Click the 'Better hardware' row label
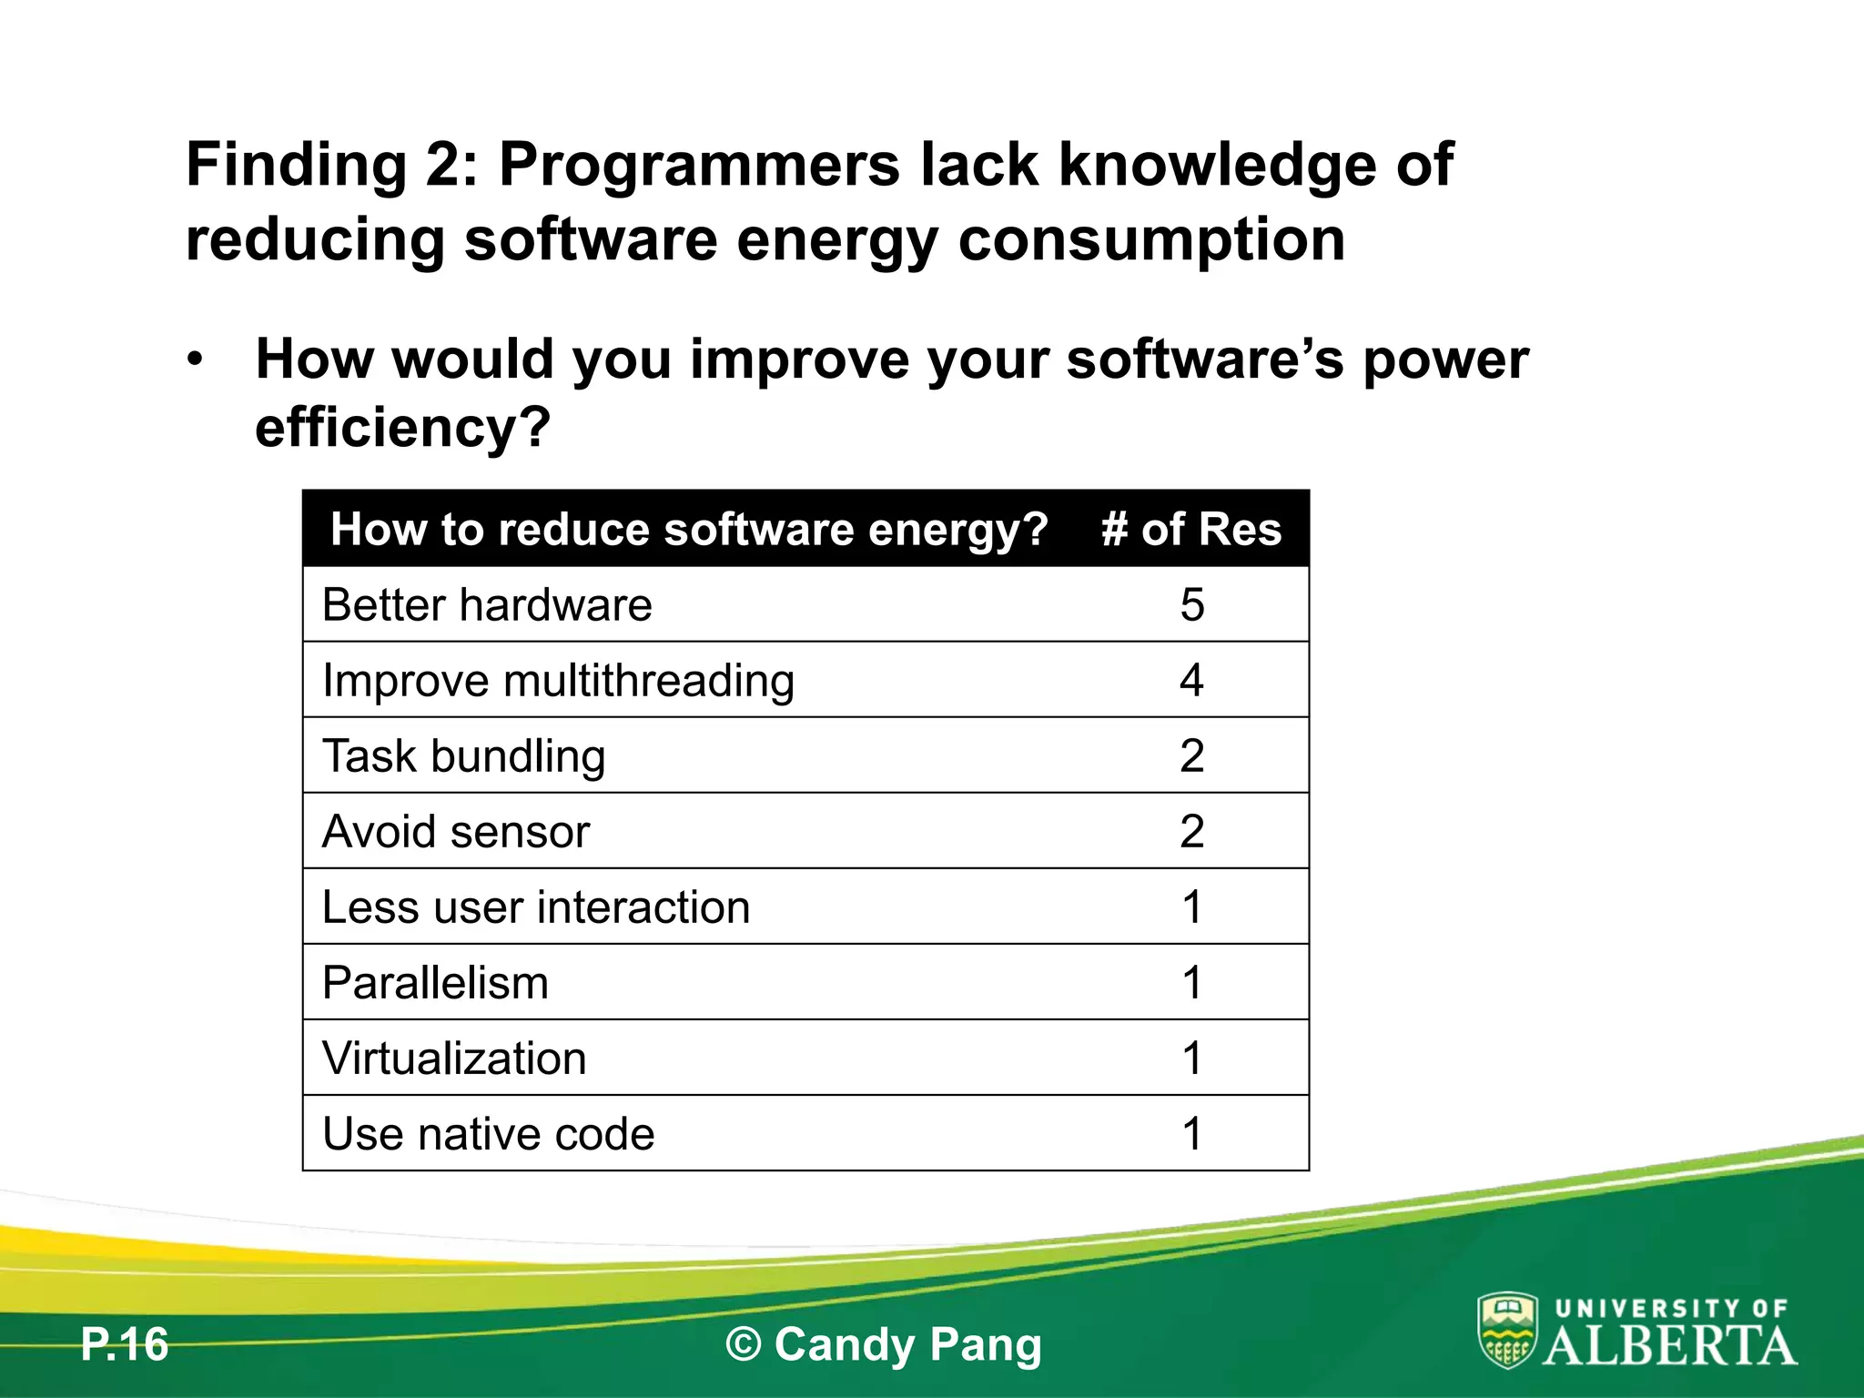487,605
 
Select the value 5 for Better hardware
1191,605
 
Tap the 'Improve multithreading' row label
558,681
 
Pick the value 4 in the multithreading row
1191,681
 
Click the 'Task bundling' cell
463,756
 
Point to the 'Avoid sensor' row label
456,832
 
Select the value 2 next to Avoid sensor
1191,832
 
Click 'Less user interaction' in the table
536,907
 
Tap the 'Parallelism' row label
435,983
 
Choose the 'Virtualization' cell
454,1059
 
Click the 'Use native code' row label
488,1134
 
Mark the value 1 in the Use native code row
1191,1134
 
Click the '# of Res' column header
1190,529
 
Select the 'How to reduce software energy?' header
689,529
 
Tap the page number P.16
125,1344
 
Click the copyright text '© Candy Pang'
883,1344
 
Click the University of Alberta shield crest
1507,1330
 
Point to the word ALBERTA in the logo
1670,1345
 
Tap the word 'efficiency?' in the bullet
402,426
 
